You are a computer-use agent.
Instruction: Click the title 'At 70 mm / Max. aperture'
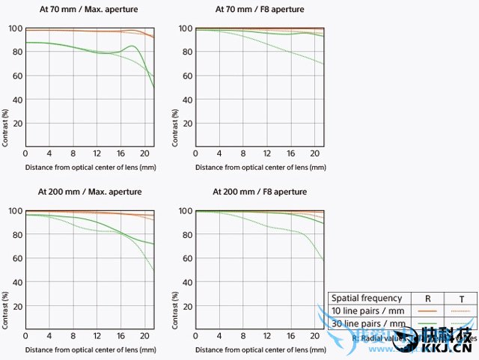83,10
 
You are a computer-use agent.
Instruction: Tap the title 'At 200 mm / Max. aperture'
83,192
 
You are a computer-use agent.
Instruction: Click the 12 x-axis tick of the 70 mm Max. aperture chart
97,153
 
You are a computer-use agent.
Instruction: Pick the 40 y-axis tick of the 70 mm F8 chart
185,100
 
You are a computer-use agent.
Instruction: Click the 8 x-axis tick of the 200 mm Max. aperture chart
73,336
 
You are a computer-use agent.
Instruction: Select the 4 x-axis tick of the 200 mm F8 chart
219,336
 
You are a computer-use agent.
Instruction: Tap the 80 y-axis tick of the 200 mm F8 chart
185,234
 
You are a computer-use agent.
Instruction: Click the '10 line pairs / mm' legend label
368,311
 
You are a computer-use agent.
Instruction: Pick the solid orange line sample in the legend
427,311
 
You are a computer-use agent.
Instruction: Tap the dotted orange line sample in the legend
459,311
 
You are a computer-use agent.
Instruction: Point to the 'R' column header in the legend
427,298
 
